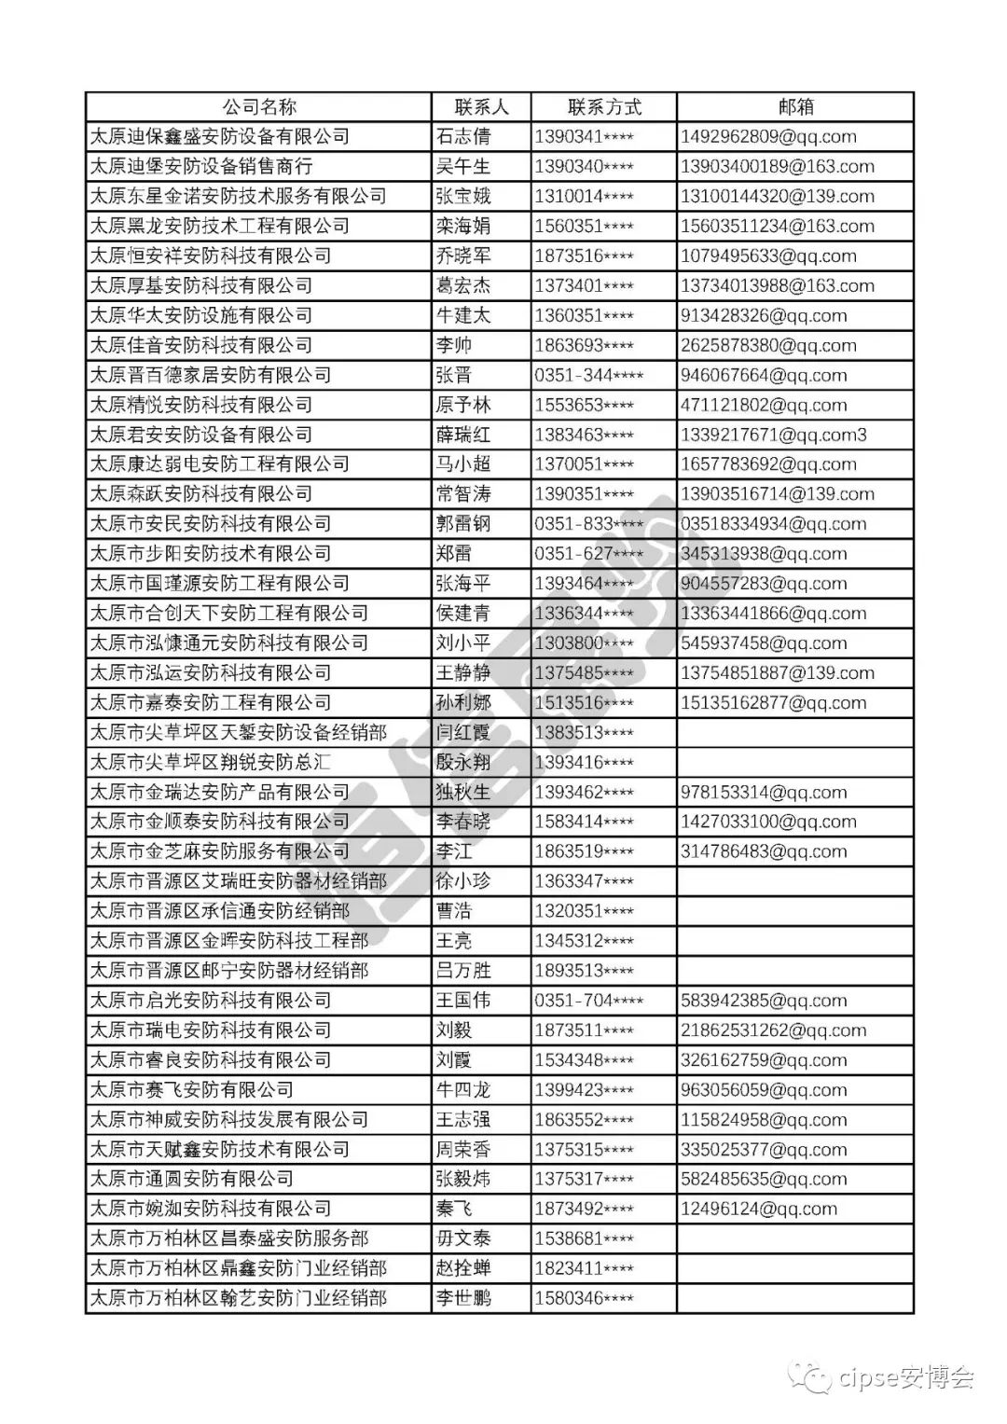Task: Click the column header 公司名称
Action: [x=258, y=106]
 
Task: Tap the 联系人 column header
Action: [x=481, y=106]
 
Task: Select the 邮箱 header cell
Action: [x=795, y=106]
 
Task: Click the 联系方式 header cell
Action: [x=604, y=106]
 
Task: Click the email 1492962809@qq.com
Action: [x=768, y=137]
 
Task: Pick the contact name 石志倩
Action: [x=462, y=137]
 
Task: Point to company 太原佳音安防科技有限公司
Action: [x=200, y=345]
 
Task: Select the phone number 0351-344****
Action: [x=588, y=375]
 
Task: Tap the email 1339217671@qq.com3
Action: [x=774, y=435]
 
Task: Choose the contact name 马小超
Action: [x=462, y=464]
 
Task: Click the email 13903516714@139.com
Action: [x=778, y=494]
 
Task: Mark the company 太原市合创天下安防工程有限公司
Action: [x=228, y=613]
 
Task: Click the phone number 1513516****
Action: [x=584, y=702]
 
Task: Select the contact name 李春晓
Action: [x=462, y=822]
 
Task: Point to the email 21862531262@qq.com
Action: [x=773, y=1030]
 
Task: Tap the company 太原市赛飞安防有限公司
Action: [x=191, y=1089]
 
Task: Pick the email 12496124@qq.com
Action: [x=759, y=1209]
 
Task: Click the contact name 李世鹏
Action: [x=462, y=1298]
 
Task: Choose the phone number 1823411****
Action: [x=584, y=1268]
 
